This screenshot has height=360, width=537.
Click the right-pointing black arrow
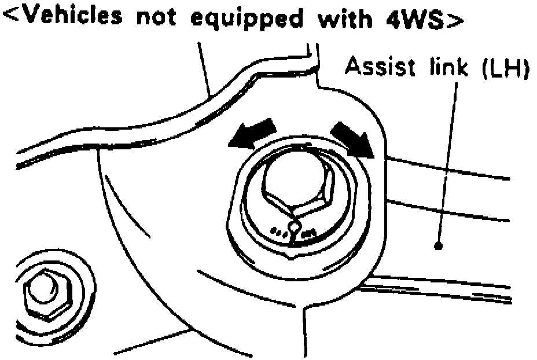352,137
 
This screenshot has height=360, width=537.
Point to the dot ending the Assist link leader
438,245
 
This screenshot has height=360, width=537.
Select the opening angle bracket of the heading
12,19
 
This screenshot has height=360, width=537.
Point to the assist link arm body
463,232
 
